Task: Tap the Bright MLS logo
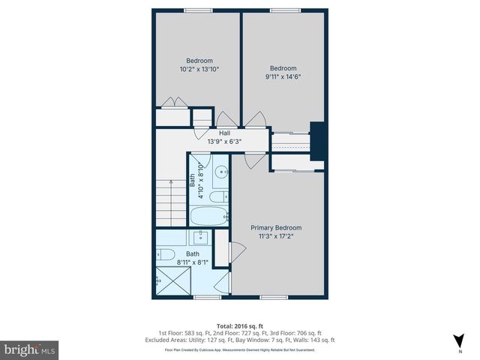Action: coord(30,349)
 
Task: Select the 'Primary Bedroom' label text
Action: coord(276,227)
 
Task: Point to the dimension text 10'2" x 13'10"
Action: coord(199,69)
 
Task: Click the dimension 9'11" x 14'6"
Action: coord(283,76)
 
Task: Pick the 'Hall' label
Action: coord(224,133)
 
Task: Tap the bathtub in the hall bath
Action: coord(208,217)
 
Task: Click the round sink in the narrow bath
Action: coord(222,172)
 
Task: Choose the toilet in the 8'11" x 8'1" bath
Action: coord(166,254)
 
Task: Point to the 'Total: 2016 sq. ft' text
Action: coord(240,325)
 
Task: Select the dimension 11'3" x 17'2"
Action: coord(276,235)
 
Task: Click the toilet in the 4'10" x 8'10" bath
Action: coord(216,197)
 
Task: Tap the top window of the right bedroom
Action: coord(283,10)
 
